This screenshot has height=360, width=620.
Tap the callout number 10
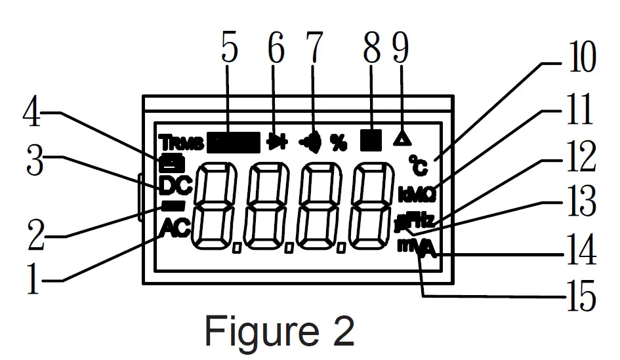pyautogui.click(x=579, y=59)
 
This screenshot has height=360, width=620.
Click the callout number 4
pyautogui.click(x=33, y=116)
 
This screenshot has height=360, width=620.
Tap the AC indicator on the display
pyautogui.click(x=174, y=229)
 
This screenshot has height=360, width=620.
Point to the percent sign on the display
pyautogui.click(x=339, y=142)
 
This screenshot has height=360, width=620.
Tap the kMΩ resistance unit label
pyautogui.click(x=417, y=193)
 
